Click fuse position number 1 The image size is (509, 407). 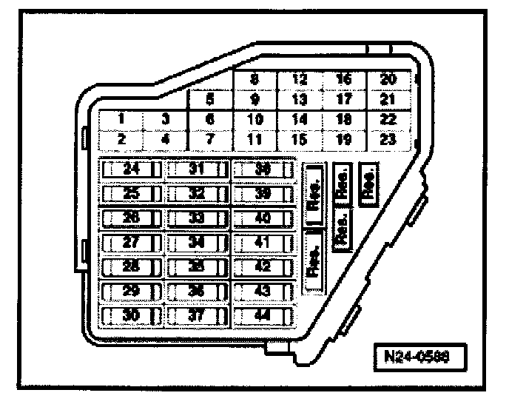point(121,118)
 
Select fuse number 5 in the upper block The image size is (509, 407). point(211,98)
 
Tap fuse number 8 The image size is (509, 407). point(254,79)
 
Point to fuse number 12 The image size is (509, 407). point(300,79)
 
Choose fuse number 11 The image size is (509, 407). point(254,138)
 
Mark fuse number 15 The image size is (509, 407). point(300,138)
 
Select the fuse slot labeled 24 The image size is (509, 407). point(131,169)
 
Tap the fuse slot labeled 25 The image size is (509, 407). point(131,194)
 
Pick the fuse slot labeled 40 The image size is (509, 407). point(263,218)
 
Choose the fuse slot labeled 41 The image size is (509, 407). point(263,242)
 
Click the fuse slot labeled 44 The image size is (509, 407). point(263,313)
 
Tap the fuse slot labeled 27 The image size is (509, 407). point(131,242)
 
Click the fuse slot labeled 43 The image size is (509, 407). point(263,289)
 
